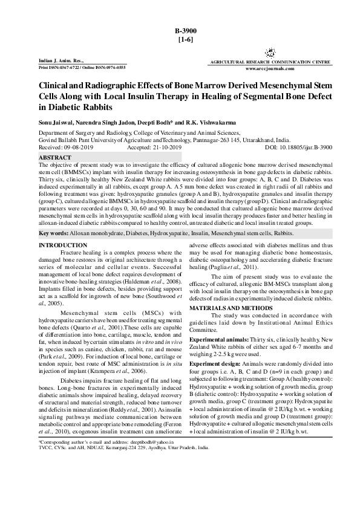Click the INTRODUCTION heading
coord(62,245)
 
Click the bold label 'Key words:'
coord(54,233)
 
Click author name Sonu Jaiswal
coord(56,122)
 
